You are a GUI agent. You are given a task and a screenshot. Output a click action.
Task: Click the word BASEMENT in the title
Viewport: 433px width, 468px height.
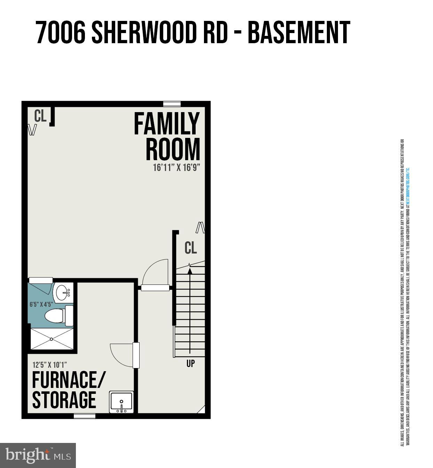click(299, 33)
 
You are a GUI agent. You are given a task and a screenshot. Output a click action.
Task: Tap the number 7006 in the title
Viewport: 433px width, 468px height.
click(61, 33)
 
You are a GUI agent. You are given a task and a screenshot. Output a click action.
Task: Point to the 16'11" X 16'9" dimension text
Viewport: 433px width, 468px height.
click(176, 168)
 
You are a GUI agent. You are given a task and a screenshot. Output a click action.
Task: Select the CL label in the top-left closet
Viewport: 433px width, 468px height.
click(40, 116)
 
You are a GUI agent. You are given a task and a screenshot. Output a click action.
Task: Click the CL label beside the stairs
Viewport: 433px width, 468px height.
click(191, 248)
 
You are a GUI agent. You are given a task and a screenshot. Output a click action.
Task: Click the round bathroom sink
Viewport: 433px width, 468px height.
click(63, 292)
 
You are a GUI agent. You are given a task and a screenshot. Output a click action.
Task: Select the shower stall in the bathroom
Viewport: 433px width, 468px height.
click(52, 338)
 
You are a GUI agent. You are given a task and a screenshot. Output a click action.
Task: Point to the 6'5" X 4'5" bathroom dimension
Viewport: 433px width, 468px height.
click(41, 304)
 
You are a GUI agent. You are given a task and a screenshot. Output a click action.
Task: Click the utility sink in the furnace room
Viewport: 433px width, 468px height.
click(121, 402)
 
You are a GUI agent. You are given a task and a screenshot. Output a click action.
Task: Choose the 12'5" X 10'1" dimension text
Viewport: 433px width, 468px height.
click(49, 365)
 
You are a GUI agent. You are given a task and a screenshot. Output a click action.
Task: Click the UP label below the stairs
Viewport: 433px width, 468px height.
click(190, 364)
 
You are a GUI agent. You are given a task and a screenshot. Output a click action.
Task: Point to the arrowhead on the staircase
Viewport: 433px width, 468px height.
click(190, 271)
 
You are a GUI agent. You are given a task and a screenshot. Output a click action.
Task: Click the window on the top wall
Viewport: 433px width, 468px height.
click(172, 103)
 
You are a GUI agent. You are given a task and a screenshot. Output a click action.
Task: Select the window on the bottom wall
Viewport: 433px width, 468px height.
click(85, 416)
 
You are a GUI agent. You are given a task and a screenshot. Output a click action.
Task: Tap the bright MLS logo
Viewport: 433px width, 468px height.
click(38, 455)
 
